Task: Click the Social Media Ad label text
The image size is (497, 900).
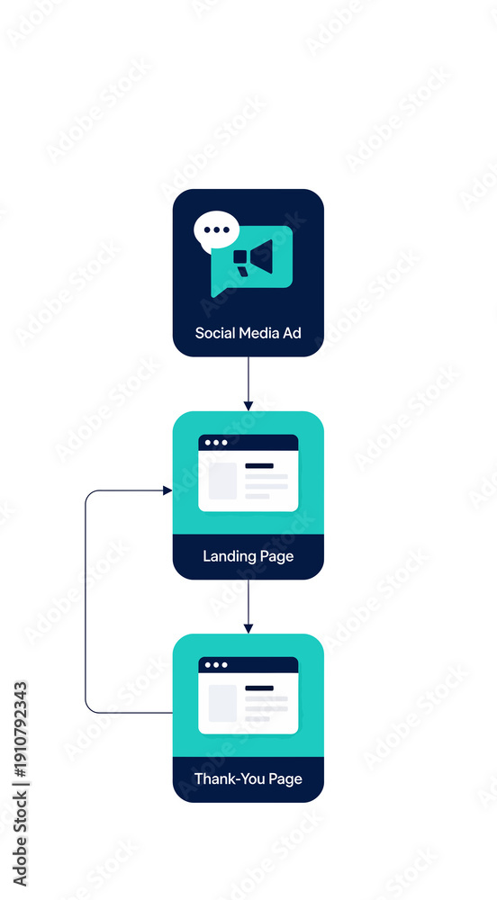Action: pos(248,333)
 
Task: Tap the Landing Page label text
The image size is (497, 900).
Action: pos(248,556)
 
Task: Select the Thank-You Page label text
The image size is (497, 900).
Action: pos(248,778)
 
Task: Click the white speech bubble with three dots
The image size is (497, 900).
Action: pos(216,230)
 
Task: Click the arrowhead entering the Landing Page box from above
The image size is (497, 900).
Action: pos(248,406)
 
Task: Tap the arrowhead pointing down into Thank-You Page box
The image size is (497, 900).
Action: pos(248,628)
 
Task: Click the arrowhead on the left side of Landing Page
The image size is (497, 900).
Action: pos(167,490)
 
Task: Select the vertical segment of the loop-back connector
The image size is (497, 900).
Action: pos(86,601)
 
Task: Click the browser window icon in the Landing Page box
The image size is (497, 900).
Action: pos(248,473)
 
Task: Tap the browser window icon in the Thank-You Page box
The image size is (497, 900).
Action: pos(248,696)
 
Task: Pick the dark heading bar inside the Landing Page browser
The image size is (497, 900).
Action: pos(259,465)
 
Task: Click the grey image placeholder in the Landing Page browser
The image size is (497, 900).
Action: pos(222,481)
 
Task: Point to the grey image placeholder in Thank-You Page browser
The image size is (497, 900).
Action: pos(222,703)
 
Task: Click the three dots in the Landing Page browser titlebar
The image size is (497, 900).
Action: pos(216,443)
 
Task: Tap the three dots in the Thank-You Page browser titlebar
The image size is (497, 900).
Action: pos(216,665)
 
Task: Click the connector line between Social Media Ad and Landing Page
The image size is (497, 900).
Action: pos(248,379)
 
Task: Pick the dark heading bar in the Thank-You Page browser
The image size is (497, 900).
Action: pos(259,688)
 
